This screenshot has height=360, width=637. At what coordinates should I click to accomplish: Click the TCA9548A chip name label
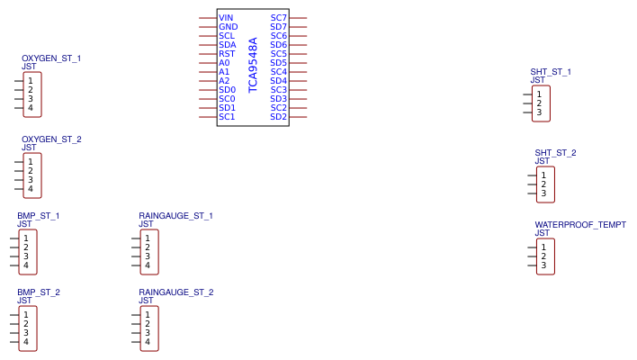coord(253,65)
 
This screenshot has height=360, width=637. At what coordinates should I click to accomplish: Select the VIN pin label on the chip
coord(226,18)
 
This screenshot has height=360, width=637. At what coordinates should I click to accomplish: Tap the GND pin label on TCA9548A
coord(228,27)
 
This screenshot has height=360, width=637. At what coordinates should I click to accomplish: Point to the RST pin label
coord(227,54)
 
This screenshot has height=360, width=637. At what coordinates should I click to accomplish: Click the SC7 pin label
coord(279,18)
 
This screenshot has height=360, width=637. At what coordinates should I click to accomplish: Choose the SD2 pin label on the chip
coord(279,117)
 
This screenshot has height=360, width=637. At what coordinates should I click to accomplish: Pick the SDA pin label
coord(227,45)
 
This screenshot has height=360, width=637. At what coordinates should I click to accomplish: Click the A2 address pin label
coord(224,81)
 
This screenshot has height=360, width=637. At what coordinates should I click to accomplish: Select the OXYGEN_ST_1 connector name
coord(51,58)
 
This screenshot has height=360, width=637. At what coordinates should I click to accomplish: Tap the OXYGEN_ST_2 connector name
coord(51,139)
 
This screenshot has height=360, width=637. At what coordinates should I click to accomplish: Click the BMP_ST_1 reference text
coord(38,216)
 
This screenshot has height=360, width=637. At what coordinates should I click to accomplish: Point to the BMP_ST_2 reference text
coord(38,292)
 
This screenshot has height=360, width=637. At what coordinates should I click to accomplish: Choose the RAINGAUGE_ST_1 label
coord(175,216)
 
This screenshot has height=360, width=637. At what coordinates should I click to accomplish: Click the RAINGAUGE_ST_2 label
coord(175,292)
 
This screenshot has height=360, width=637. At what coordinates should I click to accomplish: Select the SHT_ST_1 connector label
coord(551,72)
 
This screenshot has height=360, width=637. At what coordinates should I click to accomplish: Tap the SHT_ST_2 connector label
coord(555,153)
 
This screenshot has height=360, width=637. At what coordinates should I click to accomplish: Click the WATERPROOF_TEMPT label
coord(580,225)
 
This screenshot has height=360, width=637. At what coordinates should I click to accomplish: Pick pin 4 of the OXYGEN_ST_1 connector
coord(30,108)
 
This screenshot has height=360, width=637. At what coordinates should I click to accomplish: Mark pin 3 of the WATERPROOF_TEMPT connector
coord(543,265)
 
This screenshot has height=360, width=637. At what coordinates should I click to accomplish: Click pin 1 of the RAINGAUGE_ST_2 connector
coord(147,315)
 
